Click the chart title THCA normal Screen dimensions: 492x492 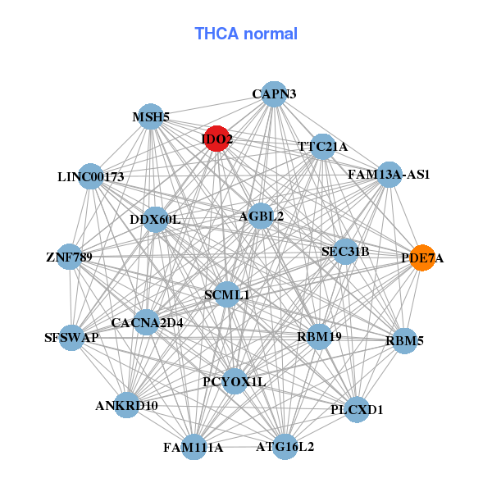tap(246, 34)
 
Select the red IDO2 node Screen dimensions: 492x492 tap(217, 139)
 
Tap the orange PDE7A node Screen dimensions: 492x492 tap(422, 257)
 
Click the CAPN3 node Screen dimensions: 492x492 tap(274, 94)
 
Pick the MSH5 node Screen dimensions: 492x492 tap(151, 117)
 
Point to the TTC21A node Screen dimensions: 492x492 tap(323, 147)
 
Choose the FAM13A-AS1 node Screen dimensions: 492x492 tap(389, 175)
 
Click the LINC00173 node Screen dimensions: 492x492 tap(91, 176)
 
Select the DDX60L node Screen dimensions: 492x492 tap(155, 219)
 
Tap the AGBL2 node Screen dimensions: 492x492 tap(262, 216)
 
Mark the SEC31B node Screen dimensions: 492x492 tap(345, 251)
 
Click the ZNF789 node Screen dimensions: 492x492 tap(70, 257)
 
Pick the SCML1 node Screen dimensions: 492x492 tap(227, 294)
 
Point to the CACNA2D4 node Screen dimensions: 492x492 tap(148, 322)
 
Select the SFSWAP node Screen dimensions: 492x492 tap(72, 337)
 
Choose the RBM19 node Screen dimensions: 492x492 tap(319, 336)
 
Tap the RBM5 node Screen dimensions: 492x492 tap(405, 340)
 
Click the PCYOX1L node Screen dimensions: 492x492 tap(235, 381)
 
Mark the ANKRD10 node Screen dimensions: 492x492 tap(126, 405)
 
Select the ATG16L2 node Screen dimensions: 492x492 tap(285, 447)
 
